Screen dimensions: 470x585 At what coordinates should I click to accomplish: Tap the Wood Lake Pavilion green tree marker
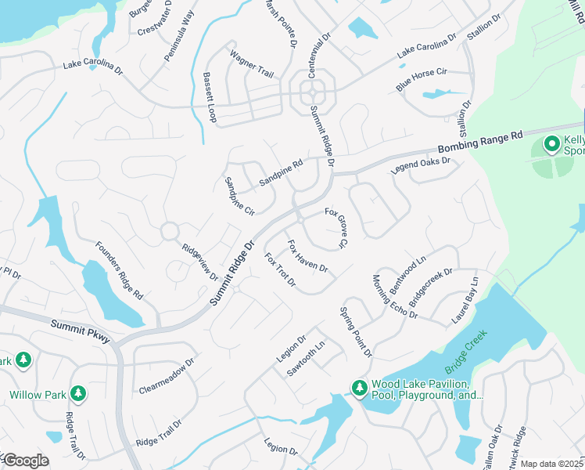pos(359,388)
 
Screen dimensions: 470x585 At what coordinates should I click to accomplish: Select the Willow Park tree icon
pos(77,393)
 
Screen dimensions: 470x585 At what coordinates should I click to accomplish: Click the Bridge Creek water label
pos(465,351)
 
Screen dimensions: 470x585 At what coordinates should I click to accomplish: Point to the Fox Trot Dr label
pos(279,270)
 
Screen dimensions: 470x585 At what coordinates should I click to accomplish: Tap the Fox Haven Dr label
pos(307,257)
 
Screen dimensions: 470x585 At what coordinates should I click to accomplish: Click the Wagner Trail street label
pos(251,64)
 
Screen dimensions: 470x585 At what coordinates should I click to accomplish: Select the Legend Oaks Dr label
pos(422,166)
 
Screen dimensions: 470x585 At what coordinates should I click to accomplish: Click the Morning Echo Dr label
pos(395,297)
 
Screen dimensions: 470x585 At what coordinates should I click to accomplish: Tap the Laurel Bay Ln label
pos(465,301)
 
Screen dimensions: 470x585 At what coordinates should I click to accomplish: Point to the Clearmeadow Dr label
pos(166,377)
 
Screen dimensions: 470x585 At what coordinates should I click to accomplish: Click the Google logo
pos(25,461)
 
